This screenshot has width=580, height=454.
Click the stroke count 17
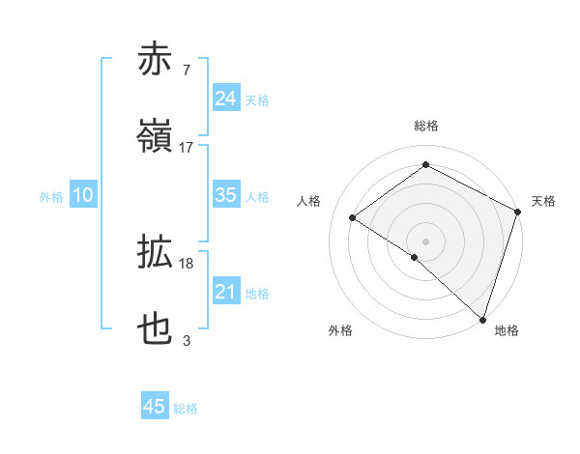[187, 147]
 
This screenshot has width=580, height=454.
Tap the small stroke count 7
[186, 71]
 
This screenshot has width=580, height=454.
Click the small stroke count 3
[186, 340]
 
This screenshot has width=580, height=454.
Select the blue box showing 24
[225, 98]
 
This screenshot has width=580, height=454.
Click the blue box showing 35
[225, 195]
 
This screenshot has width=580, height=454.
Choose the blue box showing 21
[225, 292]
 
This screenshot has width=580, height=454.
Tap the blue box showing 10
[83, 195]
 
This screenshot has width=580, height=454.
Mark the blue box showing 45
[155, 407]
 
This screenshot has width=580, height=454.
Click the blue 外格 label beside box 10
[51, 196]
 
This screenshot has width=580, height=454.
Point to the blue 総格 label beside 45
[186, 409]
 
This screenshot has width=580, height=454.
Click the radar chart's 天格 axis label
[543, 201]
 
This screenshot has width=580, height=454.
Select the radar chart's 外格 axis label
[340, 330]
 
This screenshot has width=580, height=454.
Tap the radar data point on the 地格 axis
[482, 319]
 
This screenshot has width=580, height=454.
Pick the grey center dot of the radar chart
[425, 240]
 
